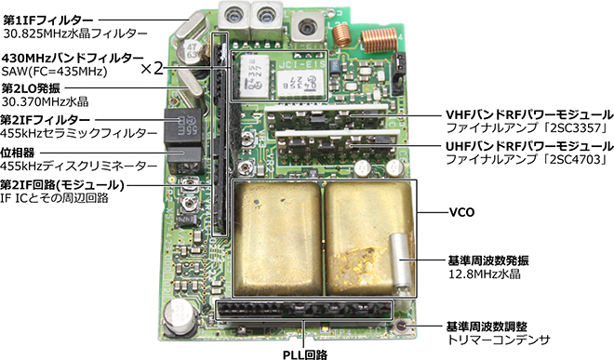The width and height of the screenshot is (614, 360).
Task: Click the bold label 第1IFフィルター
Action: point(48,20)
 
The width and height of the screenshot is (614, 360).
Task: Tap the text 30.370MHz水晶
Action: point(46,101)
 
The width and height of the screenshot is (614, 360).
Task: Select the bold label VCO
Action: point(461,213)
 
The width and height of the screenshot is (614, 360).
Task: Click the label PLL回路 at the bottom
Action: point(304,354)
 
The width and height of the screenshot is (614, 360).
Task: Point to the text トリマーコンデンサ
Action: point(499,340)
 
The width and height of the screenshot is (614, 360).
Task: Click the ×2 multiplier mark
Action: point(152,69)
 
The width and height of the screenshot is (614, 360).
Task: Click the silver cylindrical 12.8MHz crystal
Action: point(401,261)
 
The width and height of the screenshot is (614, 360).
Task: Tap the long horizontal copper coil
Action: point(379,40)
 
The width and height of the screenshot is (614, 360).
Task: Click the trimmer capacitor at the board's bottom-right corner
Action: point(402,326)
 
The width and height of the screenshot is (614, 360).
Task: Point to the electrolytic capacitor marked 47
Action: point(191,53)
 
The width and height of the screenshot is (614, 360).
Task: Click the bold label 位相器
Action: point(18,153)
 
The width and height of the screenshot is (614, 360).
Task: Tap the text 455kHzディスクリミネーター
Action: point(79,167)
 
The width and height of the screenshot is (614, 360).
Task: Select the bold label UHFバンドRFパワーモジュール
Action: point(529,146)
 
